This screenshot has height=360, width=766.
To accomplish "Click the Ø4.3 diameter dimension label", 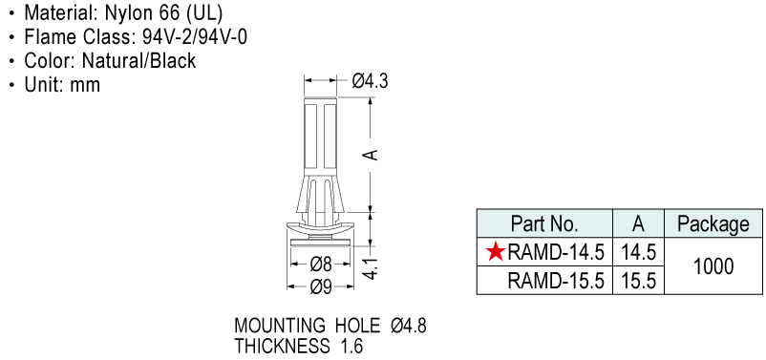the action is (x=370, y=81).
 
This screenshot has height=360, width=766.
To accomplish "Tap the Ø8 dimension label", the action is (x=321, y=265).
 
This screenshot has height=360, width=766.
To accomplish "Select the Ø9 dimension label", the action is (x=321, y=287).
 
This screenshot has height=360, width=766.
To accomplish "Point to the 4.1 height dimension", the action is (x=372, y=269).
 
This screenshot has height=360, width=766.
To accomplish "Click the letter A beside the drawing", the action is (x=372, y=155).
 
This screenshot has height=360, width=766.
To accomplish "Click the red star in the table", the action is (x=496, y=252).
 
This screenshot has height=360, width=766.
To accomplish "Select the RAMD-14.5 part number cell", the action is (x=556, y=252).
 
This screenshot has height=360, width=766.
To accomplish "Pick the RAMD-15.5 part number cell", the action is (x=556, y=281).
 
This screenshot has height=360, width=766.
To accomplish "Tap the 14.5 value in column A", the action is (x=639, y=252).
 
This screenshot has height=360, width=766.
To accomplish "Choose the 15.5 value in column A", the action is (x=639, y=281).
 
